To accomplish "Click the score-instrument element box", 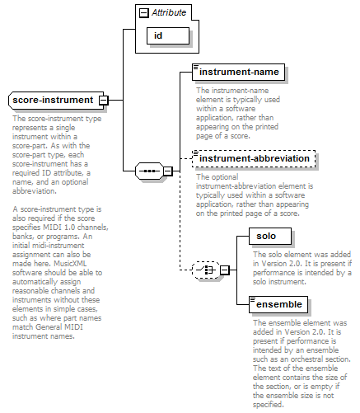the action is [56, 101].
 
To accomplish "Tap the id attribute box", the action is [168, 35].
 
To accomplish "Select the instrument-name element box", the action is [238, 72].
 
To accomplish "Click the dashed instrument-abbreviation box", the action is [254, 158].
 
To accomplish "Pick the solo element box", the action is [270, 236].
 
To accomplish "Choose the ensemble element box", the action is [278, 304].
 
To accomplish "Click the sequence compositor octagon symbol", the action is [149, 171].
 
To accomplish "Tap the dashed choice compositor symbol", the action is [206, 270].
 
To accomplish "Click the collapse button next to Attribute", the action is [144, 13].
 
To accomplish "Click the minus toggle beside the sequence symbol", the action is [168, 171].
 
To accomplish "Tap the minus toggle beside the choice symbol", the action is [225, 270].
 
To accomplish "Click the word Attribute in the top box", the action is [169, 12].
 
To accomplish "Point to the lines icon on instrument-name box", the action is [196, 67].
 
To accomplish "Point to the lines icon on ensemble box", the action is [253, 299].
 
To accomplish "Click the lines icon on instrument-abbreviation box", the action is [196, 153].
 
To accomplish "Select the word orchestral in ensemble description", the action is [308, 359].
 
